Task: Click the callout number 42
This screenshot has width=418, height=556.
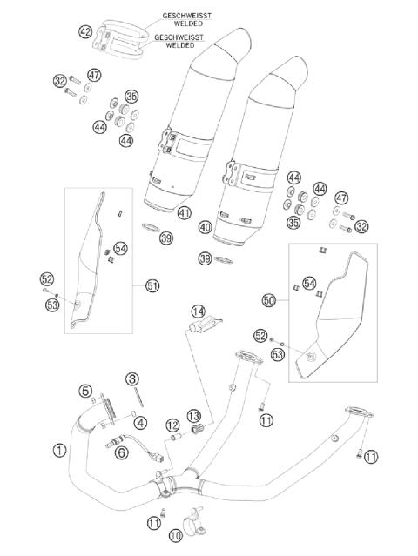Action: click(84, 32)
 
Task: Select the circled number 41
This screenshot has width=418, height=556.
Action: click(184, 213)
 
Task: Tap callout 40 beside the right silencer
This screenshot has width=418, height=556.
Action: click(206, 228)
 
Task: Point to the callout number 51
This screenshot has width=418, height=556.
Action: click(152, 286)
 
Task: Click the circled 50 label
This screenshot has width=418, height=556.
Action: click(268, 299)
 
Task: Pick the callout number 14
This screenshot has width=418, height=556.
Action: click(199, 311)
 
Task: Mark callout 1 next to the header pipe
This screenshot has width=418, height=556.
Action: click(58, 451)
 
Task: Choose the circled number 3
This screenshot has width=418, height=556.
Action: click(132, 378)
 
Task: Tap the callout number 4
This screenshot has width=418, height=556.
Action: click(140, 423)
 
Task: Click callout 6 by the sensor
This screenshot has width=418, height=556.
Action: click(122, 452)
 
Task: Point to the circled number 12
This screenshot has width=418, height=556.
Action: click(173, 425)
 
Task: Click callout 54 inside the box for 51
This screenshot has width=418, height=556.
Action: click(120, 249)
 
